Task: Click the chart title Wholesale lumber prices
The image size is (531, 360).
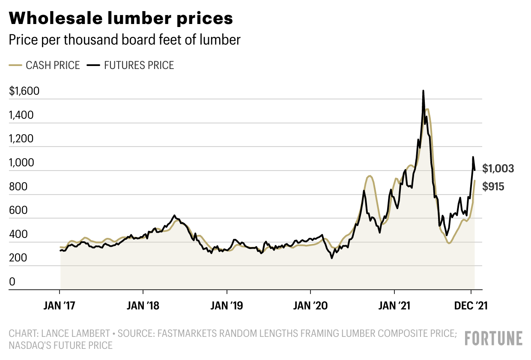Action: tap(121, 18)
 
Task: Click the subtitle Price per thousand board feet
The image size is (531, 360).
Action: tap(125, 40)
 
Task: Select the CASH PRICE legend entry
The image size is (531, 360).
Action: tap(45, 66)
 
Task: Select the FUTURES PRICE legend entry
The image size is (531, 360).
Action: tap(130, 66)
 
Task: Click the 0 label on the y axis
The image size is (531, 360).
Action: tap(12, 282)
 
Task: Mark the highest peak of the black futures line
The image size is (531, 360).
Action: tap(423, 91)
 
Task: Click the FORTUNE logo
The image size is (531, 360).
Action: tap(494, 339)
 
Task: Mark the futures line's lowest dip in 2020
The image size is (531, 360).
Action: tap(332, 258)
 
